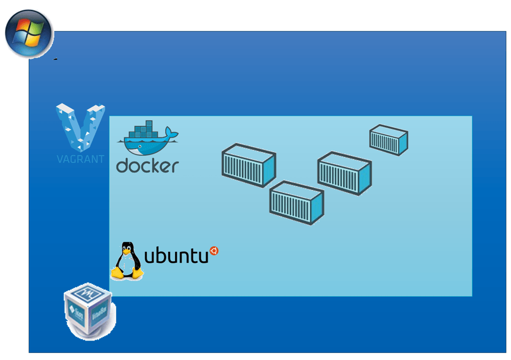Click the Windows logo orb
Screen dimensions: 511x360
[29, 34]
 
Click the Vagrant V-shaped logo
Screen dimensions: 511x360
[80, 128]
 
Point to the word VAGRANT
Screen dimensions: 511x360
[80, 159]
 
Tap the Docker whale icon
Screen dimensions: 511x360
[148, 138]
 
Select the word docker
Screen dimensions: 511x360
[148, 166]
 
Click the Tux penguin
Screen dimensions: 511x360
[127, 261]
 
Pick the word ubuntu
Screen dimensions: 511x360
[176, 255]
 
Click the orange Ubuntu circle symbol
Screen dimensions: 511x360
[214, 251]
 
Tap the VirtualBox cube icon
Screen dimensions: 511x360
[89, 311]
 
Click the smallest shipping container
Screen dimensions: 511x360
[388, 140]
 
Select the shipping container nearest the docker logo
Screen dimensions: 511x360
[249, 166]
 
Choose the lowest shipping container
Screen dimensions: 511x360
[296, 202]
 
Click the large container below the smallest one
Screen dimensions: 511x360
[344, 173]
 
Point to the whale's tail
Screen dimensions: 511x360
[172, 133]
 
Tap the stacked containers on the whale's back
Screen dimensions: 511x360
[143, 130]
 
